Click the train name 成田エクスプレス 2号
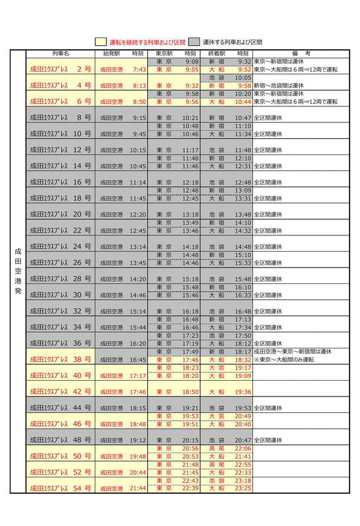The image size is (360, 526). click(60, 68)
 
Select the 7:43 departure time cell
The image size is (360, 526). click(138, 68)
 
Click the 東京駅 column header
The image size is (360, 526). click(164, 53)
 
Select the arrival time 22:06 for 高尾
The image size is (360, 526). click(242, 448)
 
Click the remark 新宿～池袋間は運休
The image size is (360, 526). click(280, 85)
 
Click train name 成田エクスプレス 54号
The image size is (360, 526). click(60, 489)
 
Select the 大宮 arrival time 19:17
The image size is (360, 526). click(242, 368)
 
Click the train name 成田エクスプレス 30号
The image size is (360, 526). click(60, 295)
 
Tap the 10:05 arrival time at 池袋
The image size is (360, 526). click(242, 78)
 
